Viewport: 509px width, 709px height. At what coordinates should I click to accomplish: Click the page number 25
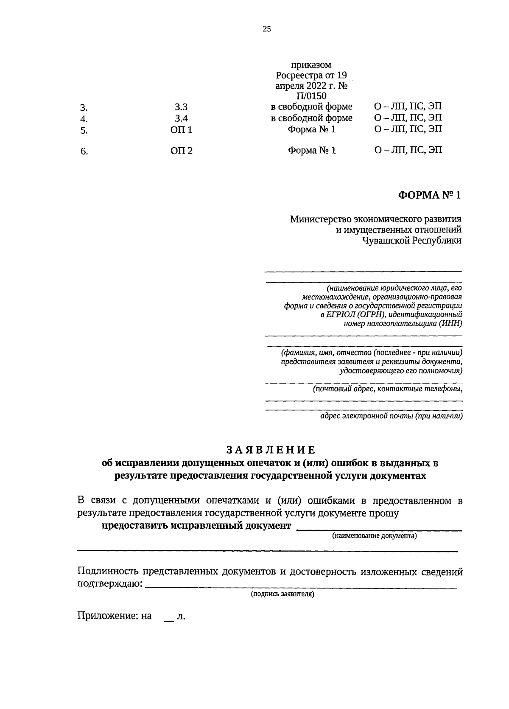tap(267, 29)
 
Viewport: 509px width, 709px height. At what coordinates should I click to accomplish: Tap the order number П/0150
tap(312, 96)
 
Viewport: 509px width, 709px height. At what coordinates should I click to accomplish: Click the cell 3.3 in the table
tap(181, 107)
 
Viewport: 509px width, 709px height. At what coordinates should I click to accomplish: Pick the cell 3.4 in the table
tap(181, 118)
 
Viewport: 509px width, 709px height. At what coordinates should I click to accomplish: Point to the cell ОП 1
tap(182, 130)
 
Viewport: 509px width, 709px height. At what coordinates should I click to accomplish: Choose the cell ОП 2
tap(182, 150)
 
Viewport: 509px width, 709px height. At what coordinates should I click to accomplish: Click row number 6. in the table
tap(84, 151)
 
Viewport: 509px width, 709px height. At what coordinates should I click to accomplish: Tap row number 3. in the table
tap(84, 108)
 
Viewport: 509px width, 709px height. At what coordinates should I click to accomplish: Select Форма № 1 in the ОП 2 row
tap(312, 150)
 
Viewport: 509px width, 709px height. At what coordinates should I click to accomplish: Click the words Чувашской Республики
tap(411, 241)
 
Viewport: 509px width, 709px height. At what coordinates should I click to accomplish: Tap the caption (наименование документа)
tap(375, 536)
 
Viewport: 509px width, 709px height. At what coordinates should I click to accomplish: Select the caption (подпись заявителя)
tap(282, 594)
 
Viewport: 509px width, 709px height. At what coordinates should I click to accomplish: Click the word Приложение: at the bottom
tap(105, 616)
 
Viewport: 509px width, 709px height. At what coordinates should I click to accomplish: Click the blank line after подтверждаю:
tap(301, 587)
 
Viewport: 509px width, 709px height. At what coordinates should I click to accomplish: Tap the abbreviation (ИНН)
tap(451, 323)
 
